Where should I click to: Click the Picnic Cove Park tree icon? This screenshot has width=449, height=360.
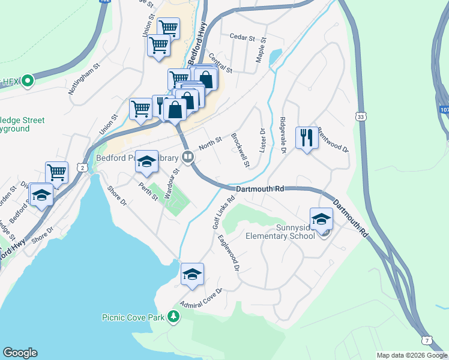pos(173,316)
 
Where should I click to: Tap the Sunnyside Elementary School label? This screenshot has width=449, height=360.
pos(280,232)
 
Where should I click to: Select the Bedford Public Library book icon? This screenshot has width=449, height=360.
pos(188,158)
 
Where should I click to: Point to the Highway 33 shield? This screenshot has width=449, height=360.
pos(360,115)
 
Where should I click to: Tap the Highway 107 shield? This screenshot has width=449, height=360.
pos(444,110)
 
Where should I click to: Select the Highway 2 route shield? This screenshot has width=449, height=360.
pos(81,167)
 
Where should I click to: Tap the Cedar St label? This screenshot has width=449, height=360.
pos(243,36)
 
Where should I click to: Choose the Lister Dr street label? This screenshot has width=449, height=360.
pos(262,140)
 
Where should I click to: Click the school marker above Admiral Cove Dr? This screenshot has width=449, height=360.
pos(193,274)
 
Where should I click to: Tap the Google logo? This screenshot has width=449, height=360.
pos(20,353)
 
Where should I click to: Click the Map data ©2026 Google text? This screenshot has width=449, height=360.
pos(411,355)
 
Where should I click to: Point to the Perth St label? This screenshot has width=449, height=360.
pos(148,191)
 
